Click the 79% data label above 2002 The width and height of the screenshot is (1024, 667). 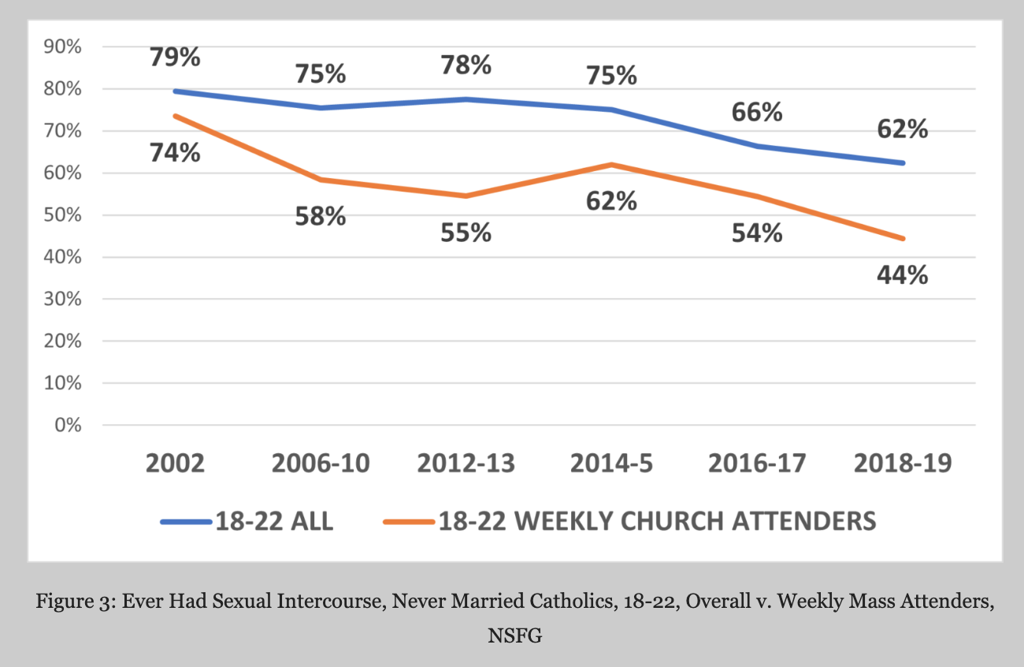click(x=175, y=58)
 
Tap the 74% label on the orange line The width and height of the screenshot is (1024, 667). click(x=175, y=152)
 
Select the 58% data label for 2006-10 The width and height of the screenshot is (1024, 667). click(x=321, y=216)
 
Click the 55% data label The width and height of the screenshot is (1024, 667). click(x=466, y=233)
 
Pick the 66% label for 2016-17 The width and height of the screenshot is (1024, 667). click(x=756, y=112)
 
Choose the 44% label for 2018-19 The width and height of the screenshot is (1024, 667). click(x=902, y=275)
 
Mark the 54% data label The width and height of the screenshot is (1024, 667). click(x=756, y=233)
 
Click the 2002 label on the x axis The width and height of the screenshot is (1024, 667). click(x=175, y=463)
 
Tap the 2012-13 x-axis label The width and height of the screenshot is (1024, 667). click(x=466, y=463)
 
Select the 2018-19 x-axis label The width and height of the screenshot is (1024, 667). click(x=902, y=463)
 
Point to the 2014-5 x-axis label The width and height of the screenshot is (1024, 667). click(x=611, y=463)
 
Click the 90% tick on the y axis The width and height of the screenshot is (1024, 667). click(x=61, y=47)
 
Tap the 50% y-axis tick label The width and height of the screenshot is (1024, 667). click(x=61, y=215)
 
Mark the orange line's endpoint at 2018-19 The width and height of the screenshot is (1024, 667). click(x=902, y=238)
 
